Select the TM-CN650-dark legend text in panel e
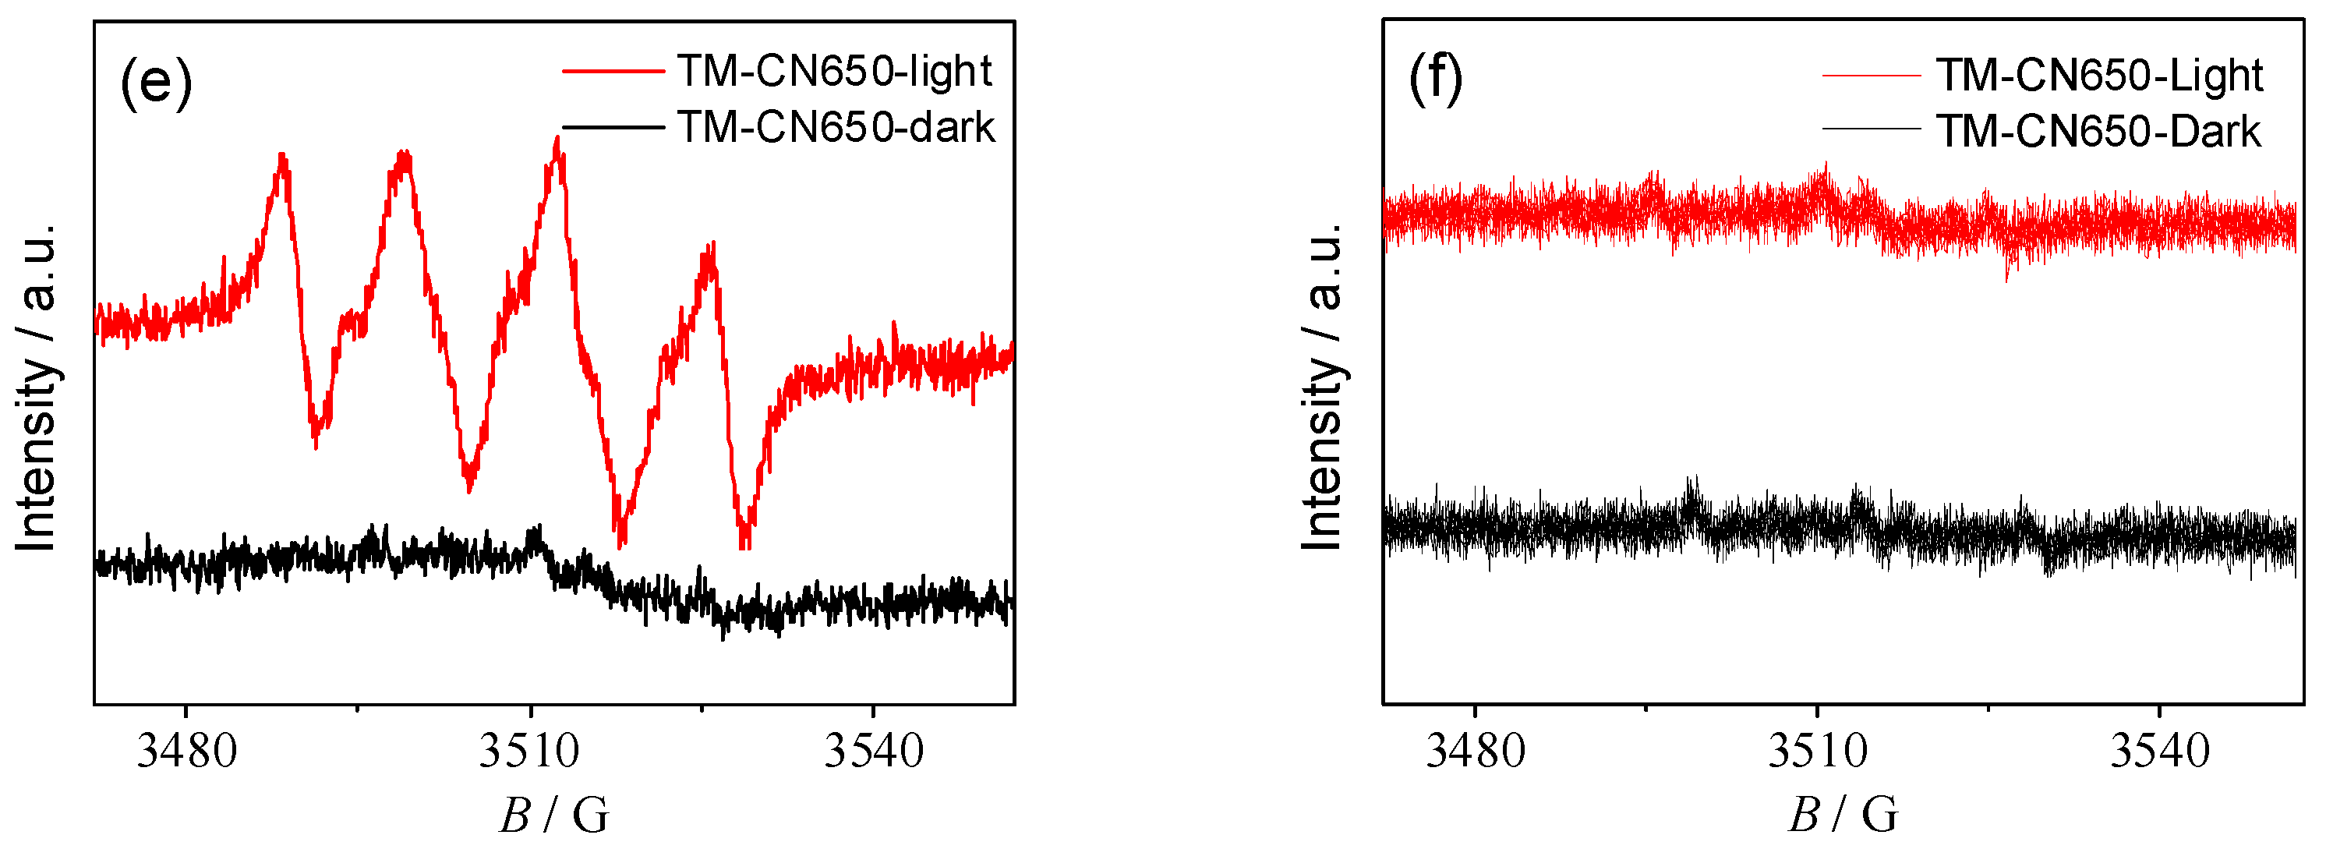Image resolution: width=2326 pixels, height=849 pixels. (836, 127)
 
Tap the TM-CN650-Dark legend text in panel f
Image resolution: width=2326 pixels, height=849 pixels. (2098, 132)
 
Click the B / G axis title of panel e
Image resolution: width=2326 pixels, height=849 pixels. (554, 815)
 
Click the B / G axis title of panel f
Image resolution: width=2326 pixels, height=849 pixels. (1843, 815)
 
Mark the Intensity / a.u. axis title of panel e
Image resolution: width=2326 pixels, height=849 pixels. (36, 388)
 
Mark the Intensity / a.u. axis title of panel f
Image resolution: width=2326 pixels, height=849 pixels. (1322, 388)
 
